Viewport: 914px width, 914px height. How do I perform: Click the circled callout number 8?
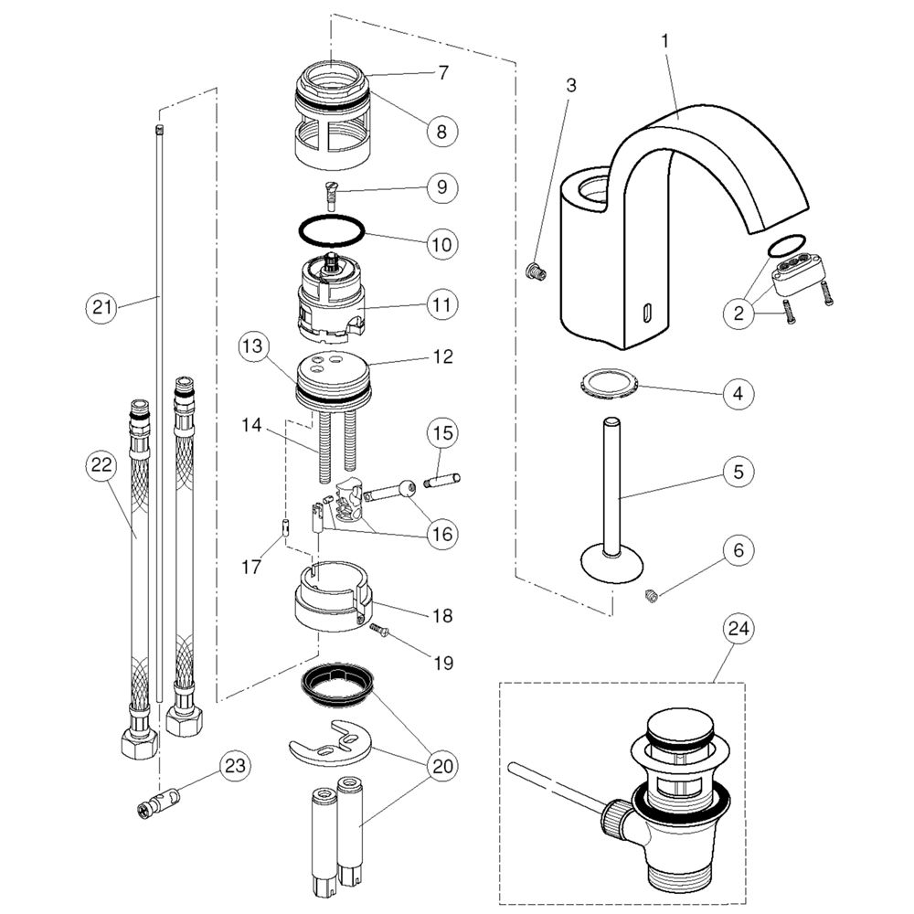pos(441,130)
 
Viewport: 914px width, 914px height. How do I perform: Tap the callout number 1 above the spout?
pos(665,41)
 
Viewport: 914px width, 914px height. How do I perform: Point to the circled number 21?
pos(102,307)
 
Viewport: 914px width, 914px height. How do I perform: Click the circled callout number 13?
pos(255,347)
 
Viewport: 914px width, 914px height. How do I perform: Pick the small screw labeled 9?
pos(330,195)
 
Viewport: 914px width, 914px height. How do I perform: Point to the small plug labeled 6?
pos(652,597)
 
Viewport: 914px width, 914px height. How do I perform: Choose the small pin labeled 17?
pos(284,527)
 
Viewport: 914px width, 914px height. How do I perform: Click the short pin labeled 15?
pos(444,478)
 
